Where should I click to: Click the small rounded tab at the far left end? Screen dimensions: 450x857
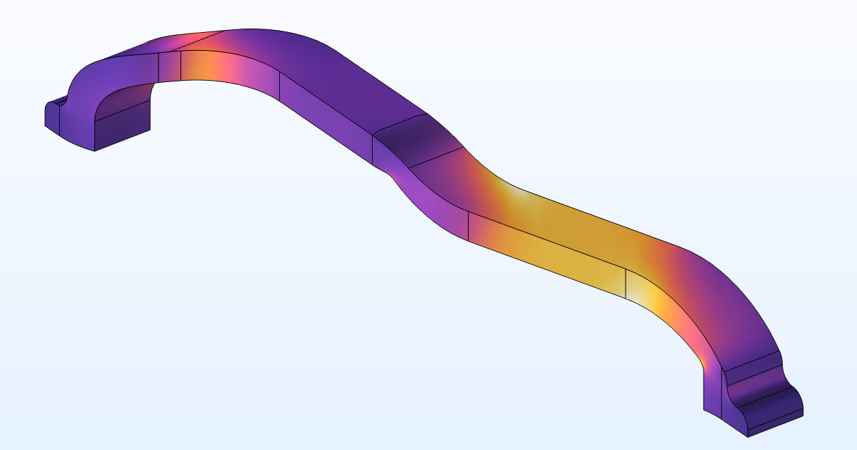(x=54, y=114)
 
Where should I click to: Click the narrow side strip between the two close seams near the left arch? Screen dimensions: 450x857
(x=169, y=65)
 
